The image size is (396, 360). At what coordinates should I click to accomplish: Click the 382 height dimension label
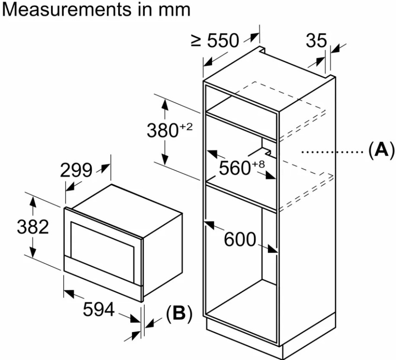pyautogui.click(x=32, y=227)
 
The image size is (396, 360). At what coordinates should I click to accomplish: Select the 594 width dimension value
pyautogui.click(x=98, y=309)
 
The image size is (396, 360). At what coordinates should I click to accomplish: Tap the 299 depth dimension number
pyautogui.click(x=76, y=170)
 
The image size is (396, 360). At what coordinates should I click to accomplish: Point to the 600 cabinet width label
pyautogui.click(x=240, y=239)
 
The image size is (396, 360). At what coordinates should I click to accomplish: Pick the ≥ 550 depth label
pyautogui.click(x=215, y=41)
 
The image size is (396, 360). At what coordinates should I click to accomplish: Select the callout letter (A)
pyautogui.click(x=381, y=150)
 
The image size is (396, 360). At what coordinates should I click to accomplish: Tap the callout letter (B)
pyautogui.click(x=179, y=314)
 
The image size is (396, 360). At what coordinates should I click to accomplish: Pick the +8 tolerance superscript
pyautogui.click(x=258, y=165)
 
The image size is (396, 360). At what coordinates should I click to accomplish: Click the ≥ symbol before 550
pyautogui.click(x=197, y=41)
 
